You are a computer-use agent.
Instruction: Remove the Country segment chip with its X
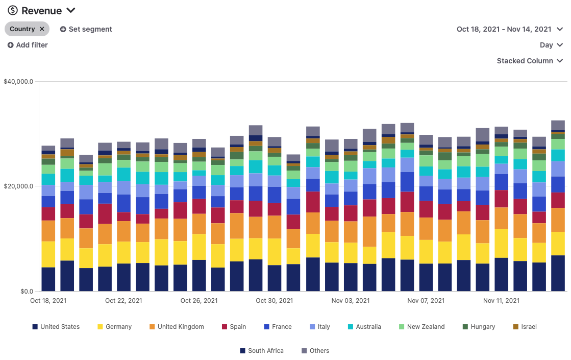pyautogui.click(x=42, y=29)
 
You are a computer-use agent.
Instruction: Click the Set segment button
pyautogui.click(x=86, y=29)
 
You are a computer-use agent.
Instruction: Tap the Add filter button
pyautogui.click(x=28, y=45)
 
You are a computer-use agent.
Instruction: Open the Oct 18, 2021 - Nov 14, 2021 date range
pyautogui.click(x=509, y=29)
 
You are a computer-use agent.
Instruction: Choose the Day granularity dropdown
pyautogui.click(x=551, y=45)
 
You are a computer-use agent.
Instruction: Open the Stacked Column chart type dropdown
pyautogui.click(x=530, y=61)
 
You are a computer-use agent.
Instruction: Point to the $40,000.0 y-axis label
pyautogui.click(x=18, y=81)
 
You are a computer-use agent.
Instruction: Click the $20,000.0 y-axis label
pyautogui.click(x=18, y=186)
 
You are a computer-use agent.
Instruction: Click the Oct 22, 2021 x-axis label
pyautogui.click(x=123, y=301)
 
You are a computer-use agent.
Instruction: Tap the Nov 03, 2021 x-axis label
pyautogui.click(x=351, y=301)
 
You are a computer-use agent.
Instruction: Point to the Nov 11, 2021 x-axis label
pyautogui.click(x=501, y=301)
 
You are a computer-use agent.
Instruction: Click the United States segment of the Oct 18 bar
pyautogui.click(x=48, y=279)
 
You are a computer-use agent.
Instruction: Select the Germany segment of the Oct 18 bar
pyautogui.click(x=48, y=254)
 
